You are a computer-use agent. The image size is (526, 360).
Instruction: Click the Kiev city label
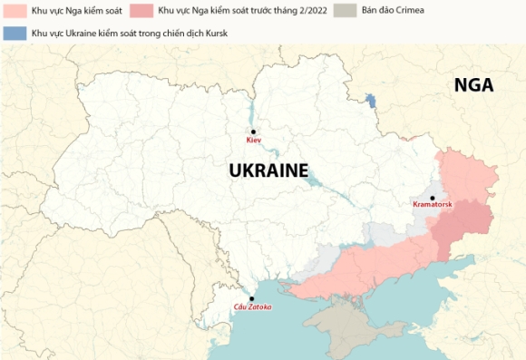click(x=253, y=141)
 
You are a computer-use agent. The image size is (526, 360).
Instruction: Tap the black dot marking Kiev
click(x=253, y=131)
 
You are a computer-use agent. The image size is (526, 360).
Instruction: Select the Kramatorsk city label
click(x=433, y=205)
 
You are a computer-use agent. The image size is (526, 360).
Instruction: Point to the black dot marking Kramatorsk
click(x=433, y=197)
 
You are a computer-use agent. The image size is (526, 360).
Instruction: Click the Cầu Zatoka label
click(x=252, y=307)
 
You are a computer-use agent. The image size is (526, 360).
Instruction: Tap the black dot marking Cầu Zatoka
click(x=252, y=298)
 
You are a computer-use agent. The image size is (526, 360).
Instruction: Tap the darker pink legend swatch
click(x=141, y=10)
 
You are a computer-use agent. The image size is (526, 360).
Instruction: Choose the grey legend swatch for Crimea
click(x=346, y=10)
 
